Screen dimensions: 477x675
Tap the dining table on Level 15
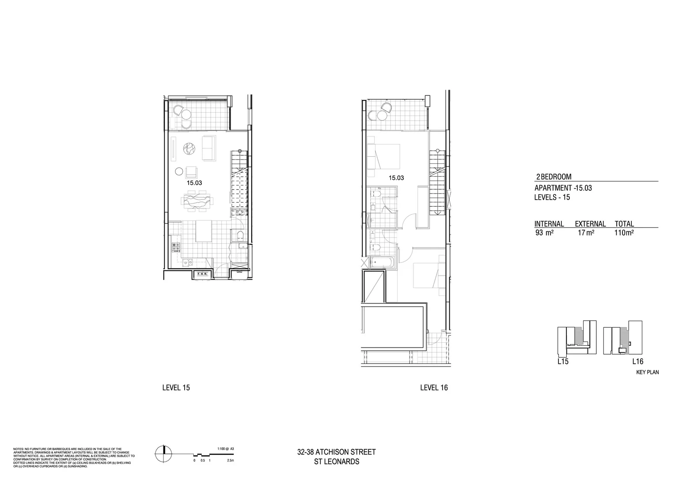tap(196, 201)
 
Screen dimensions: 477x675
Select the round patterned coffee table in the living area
tap(190, 148)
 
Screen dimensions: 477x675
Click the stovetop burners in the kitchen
tap(176, 247)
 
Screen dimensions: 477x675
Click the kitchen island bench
tap(203, 231)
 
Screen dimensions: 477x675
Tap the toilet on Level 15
tap(240, 235)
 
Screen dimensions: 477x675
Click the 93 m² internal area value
tap(544, 233)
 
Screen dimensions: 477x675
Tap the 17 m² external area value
tap(586, 233)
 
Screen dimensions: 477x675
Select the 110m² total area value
tap(624, 233)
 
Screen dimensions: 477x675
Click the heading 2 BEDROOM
tap(554, 177)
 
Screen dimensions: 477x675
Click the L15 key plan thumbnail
tap(573, 338)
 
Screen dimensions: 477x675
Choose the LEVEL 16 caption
tap(434, 388)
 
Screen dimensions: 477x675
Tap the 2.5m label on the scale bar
tap(230, 460)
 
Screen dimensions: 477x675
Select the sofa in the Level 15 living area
tap(209, 148)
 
